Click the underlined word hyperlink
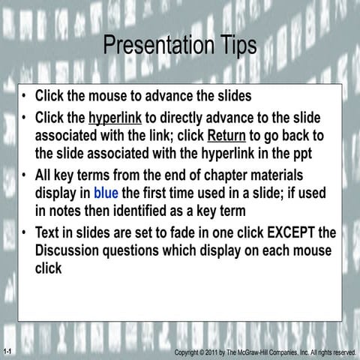(115, 118)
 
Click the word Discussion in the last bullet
(70, 250)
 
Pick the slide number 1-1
(7, 351)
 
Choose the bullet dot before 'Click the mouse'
(25, 97)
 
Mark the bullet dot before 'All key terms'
(25, 176)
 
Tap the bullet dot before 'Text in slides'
(25, 232)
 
